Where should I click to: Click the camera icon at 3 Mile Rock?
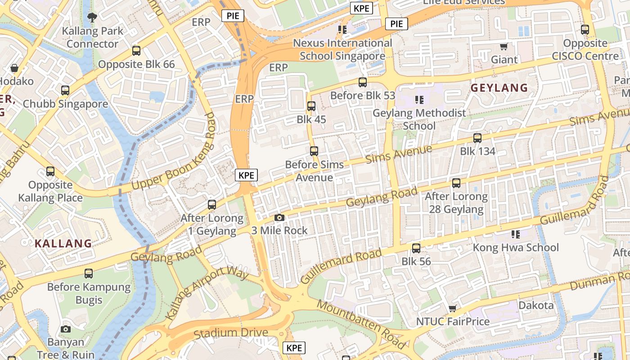(279, 218)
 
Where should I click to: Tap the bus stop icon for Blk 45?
(311, 107)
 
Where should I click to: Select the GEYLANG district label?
(499, 88)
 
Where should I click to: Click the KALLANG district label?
(63, 244)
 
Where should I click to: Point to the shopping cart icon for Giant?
(504, 46)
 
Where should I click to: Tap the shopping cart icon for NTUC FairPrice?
(453, 309)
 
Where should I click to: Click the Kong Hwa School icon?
(516, 234)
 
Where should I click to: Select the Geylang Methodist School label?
(419, 119)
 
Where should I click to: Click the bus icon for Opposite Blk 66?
(136, 51)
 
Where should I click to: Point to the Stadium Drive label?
(231, 333)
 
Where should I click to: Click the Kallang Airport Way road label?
(207, 293)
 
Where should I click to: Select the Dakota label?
(536, 306)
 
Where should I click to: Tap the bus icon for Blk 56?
(416, 248)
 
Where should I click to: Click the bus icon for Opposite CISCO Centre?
(585, 30)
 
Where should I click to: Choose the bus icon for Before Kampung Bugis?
(89, 273)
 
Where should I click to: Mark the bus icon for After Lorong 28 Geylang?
(456, 183)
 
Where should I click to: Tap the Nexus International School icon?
(342, 30)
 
